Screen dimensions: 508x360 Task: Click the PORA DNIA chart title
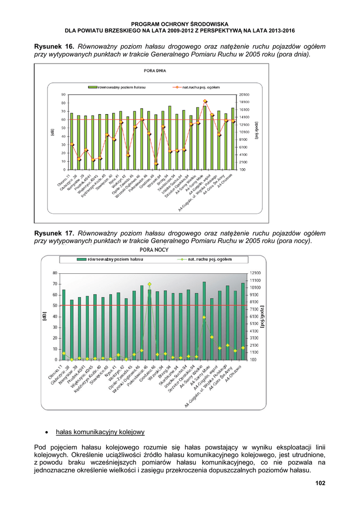click(x=155, y=71)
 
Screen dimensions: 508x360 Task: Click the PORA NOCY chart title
click(x=154, y=249)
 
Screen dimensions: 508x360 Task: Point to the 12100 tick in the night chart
click(x=255, y=273)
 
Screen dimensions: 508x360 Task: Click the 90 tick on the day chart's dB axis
click(x=64, y=94)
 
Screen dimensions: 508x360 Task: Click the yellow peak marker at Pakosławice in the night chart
click(x=149, y=284)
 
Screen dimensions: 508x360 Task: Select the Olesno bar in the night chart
click(x=64, y=325)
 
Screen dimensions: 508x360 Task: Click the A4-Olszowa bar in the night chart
click(x=243, y=321)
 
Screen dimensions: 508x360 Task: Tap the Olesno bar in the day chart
click(x=72, y=141)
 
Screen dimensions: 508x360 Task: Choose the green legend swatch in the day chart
click(x=92, y=87)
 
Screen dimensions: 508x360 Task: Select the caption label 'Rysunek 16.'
click(x=54, y=46)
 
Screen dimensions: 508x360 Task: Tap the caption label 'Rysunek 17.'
click(x=54, y=233)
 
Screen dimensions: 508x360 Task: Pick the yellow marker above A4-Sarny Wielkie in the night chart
click(x=204, y=317)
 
